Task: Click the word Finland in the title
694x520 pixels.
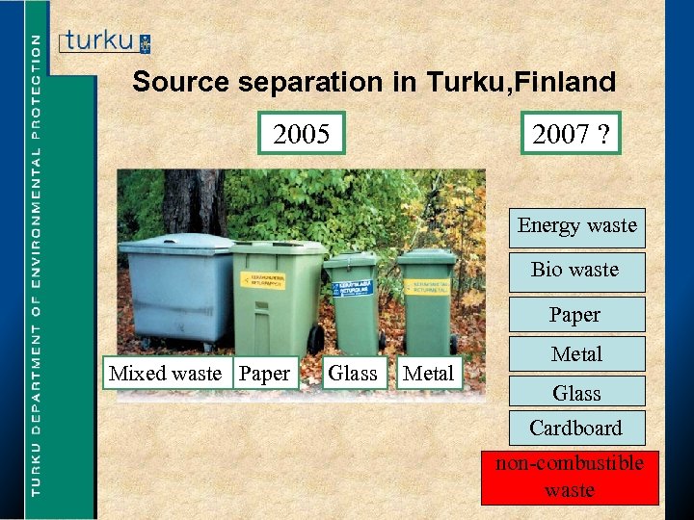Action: click(x=566, y=83)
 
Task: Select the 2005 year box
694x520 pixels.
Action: click(x=301, y=134)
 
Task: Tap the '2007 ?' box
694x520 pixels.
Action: click(x=570, y=134)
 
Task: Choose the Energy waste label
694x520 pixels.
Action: click(x=576, y=225)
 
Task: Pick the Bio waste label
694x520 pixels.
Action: click(x=575, y=270)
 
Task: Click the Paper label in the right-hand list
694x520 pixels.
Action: click(x=575, y=315)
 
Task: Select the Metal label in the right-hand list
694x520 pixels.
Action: click(x=576, y=354)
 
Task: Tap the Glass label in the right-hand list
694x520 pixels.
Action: click(x=576, y=392)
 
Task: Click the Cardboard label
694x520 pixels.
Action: click(x=575, y=428)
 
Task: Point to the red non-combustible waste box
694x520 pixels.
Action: click(x=570, y=477)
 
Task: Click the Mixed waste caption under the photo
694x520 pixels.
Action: click(x=165, y=373)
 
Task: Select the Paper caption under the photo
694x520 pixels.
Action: click(x=264, y=373)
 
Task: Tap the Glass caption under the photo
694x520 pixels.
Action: click(x=353, y=373)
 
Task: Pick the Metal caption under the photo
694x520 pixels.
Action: click(x=428, y=373)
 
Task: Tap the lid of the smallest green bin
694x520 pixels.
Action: click(x=350, y=259)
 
